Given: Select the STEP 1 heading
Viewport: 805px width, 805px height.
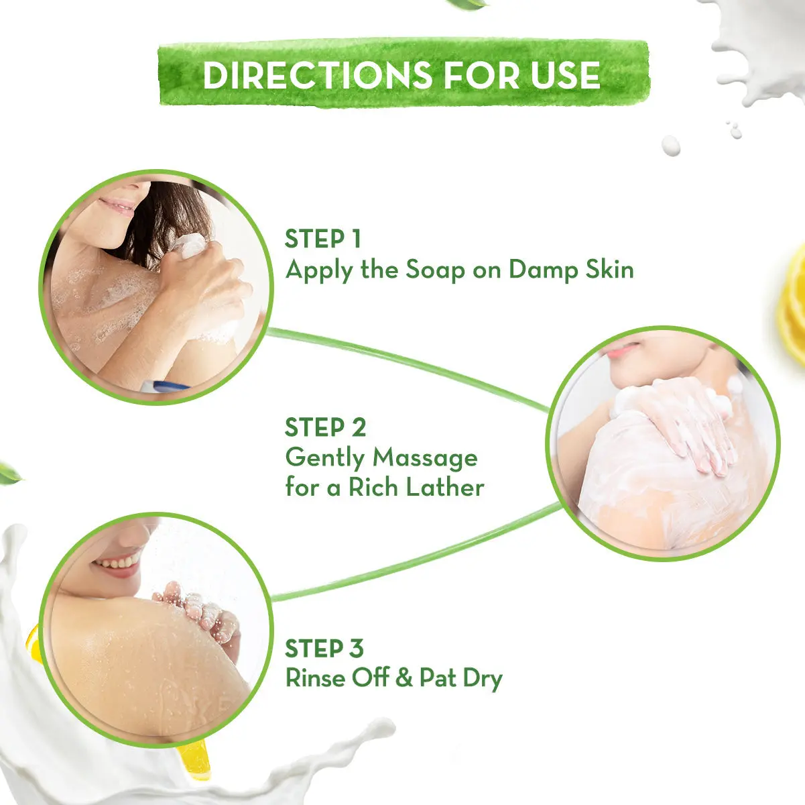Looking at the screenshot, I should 323,239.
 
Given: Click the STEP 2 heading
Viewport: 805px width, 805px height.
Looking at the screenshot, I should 325,427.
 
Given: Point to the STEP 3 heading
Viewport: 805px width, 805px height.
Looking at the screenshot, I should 324,649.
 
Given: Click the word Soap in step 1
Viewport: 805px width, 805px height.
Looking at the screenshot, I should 435,270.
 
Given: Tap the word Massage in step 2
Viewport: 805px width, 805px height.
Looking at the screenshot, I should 425,458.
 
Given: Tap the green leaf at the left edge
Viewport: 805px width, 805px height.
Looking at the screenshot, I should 9,472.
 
